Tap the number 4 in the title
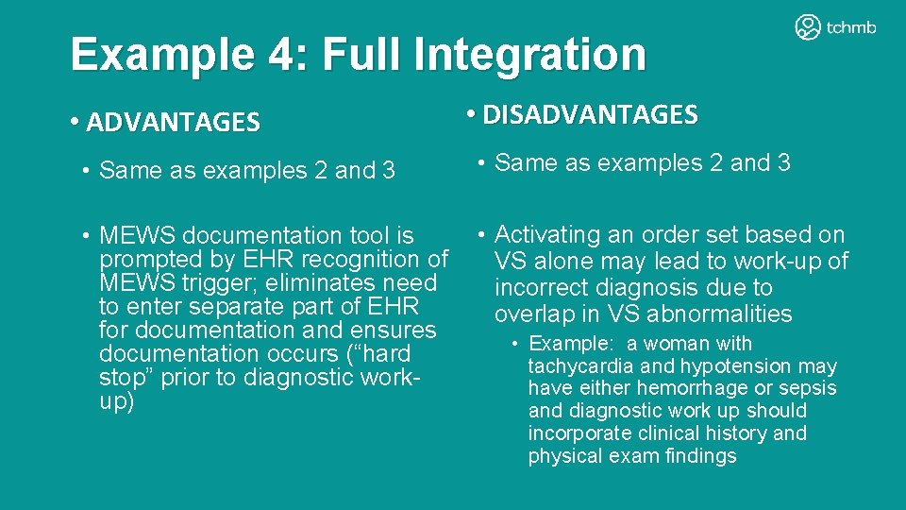click(x=279, y=55)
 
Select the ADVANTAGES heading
click(x=173, y=122)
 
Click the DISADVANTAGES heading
click(x=590, y=115)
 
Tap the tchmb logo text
click(x=851, y=27)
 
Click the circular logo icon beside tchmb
click(x=808, y=27)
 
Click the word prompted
click(x=144, y=259)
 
